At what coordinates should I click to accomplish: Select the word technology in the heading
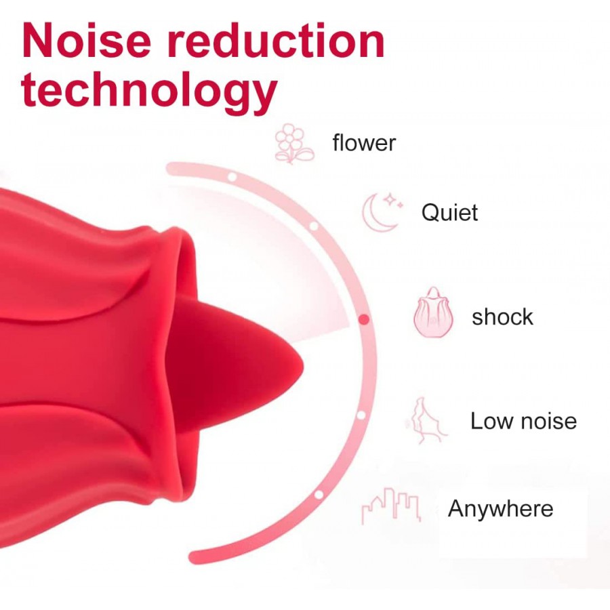tap(149, 90)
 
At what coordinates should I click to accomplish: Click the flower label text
tap(364, 143)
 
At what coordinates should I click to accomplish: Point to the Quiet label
tap(449, 212)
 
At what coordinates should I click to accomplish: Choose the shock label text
tap(502, 317)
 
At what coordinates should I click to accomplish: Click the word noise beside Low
tap(548, 422)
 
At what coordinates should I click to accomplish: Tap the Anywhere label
tap(500, 508)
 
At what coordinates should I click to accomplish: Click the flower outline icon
tap(294, 144)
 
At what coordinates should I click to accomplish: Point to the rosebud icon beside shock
tap(433, 312)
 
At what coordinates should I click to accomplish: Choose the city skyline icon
tap(391, 506)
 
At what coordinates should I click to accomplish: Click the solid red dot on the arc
tap(364, 319)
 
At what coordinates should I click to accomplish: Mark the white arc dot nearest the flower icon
tap(232, 177)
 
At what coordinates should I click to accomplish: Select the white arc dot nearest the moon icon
tap(314, 226)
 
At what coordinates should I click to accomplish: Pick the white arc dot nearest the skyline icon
tap(319, 495)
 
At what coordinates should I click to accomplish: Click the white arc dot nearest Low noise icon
tap(361, 415)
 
